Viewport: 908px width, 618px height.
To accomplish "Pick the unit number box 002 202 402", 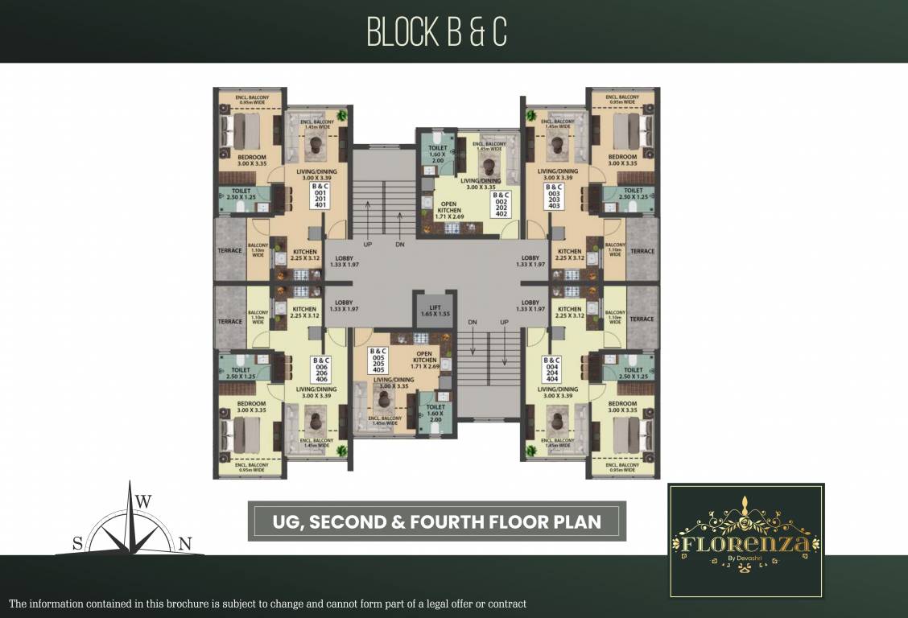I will point(501,204).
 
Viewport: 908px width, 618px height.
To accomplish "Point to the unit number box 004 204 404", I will point(551,369).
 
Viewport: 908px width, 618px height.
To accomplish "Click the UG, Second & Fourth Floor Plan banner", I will point(436,521).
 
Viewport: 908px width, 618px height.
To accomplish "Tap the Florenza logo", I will point(745,541).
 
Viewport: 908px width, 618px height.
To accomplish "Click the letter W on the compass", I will point(143,501).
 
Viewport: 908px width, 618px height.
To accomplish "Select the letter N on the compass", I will point(184,545).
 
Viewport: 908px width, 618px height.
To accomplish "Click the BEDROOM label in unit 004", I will point(622,406).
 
